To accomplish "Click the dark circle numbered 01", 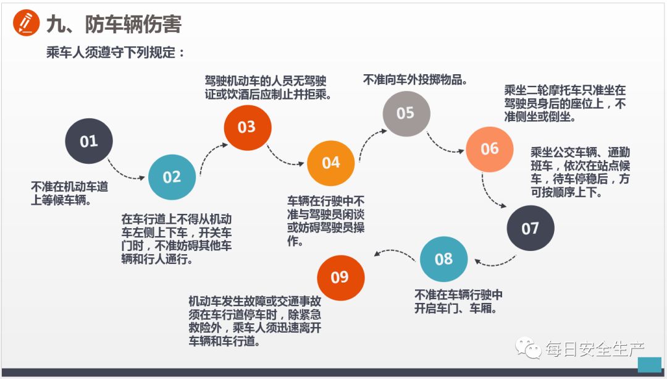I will point(89,141).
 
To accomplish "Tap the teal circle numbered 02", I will point(172,177).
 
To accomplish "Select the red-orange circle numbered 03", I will point(247,127).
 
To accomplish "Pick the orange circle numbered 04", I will point(331,163).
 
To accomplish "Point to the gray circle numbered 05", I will point(406,113).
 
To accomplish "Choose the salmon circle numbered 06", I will point(490,149).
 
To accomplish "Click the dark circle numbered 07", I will point(531,228).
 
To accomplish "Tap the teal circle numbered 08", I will point(443,259).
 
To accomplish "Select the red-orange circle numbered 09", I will point(340,277).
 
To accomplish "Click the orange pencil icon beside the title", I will point(27,24).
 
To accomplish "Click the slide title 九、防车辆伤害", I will point(114,25).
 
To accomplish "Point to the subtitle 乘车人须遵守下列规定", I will point(115,53).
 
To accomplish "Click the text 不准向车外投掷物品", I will point(414,80).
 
